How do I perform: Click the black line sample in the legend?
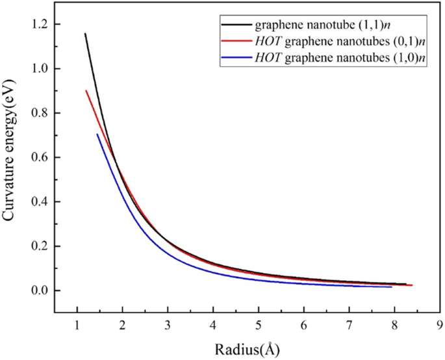click(234, 27)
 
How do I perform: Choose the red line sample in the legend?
click(234, 44)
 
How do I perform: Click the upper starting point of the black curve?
click(84, 33)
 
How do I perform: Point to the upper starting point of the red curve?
click(86, 90)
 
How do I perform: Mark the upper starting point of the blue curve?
click(97, 134)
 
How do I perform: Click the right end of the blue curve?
click(392, 287)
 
